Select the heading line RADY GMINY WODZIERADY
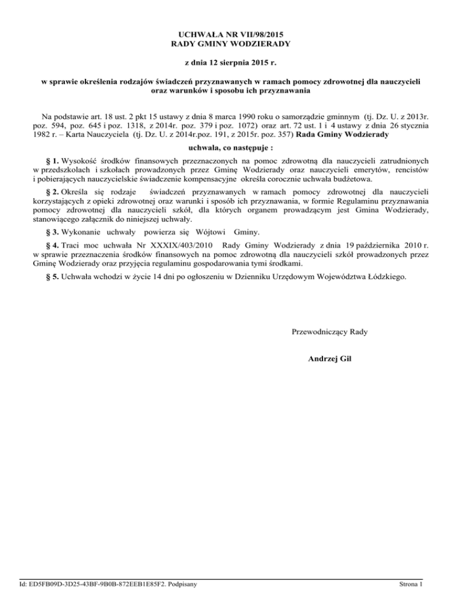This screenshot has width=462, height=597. pos(231,44)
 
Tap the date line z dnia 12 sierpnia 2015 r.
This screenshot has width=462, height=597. pos(231,63)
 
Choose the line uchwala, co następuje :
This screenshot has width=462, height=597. pos(231,147)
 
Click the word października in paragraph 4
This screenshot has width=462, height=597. pos(363,246)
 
